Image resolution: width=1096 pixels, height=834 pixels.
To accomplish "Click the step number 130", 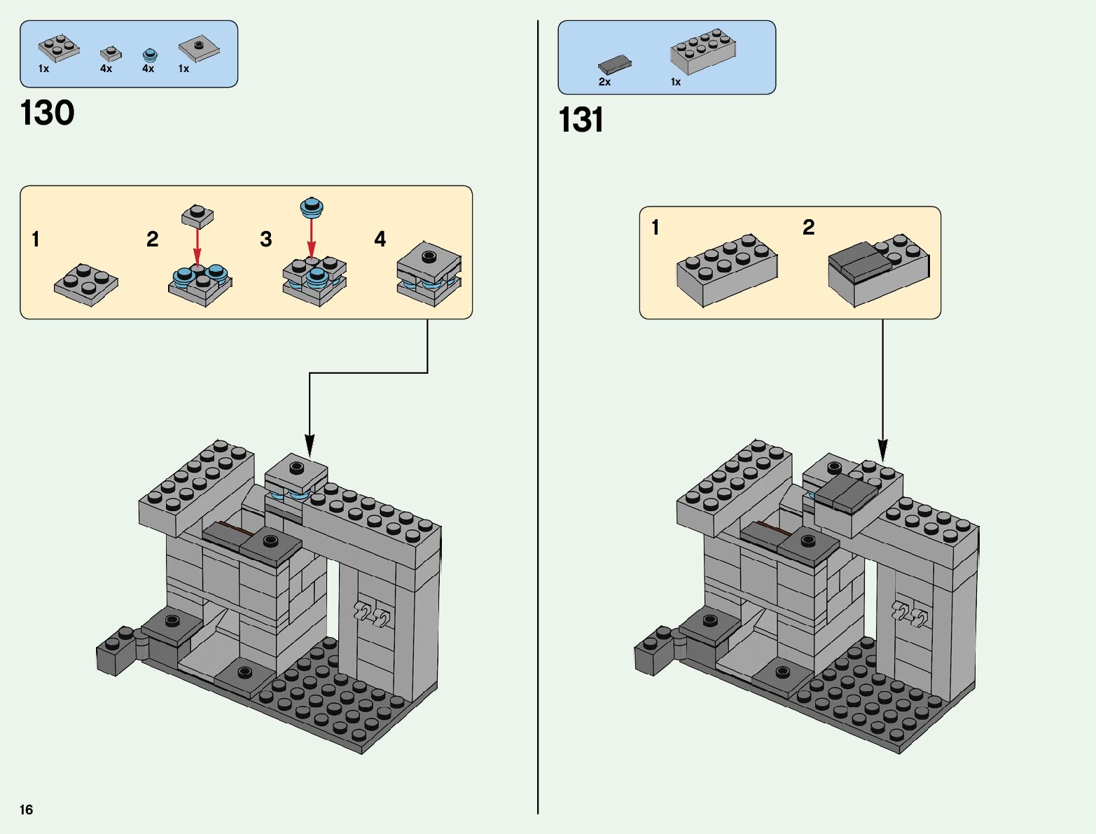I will coord(48,113).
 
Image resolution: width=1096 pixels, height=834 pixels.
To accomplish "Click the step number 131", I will coord(581,120).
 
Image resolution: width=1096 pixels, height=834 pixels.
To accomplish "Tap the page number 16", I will coord(27,809).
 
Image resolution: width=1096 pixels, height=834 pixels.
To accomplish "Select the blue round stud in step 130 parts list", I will coord(148,55).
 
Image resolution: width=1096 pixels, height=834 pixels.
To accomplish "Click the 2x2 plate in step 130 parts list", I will coord(59,48).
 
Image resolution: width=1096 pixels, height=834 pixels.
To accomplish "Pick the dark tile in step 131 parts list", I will coord(614,65).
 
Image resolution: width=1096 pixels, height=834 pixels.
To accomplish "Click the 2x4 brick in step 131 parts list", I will coord(702,51).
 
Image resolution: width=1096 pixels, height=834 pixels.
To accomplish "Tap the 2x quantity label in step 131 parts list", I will coord(604,82).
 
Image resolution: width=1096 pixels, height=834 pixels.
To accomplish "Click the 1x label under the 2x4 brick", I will coord(675,82).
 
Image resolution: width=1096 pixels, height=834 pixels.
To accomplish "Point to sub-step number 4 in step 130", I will coord(380,239).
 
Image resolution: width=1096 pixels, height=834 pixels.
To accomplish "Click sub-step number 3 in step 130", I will coord(266,239).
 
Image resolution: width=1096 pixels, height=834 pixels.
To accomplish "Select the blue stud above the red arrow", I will coord(312,207).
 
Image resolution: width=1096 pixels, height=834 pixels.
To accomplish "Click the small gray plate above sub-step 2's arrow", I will coord(197,216).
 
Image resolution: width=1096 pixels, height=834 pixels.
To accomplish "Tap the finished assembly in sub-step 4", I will coord(429,274).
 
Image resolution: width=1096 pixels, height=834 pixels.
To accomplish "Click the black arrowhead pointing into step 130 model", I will coord(310,445).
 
